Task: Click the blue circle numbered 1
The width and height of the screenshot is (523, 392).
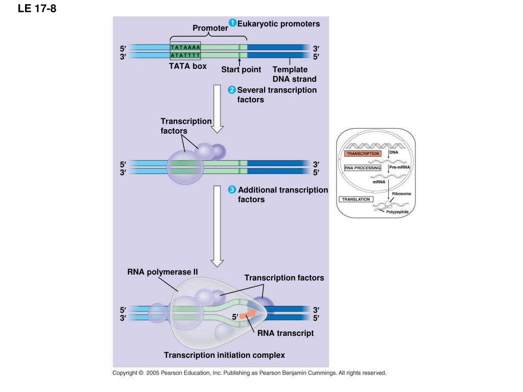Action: (232, 22)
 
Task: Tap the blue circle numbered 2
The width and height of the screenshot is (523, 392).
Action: (232, 90)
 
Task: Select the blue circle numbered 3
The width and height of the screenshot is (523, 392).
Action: (232, 190)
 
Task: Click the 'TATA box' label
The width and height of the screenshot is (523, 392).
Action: (188, 66)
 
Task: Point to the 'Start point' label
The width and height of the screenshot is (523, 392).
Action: (241, 69)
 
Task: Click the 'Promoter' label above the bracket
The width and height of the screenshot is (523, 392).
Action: (210, 28)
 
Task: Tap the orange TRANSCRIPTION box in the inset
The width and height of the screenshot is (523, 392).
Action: (363, 154)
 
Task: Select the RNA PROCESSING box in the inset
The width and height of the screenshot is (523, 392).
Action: (363, 168)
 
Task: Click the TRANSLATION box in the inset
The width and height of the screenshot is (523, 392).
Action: (356, 200)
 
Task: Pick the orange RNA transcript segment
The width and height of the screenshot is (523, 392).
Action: (248, 314)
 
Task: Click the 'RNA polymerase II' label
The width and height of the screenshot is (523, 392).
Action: (162, 272)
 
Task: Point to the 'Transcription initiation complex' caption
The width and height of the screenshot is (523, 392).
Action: (225, 355)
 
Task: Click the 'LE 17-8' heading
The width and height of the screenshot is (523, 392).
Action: (37, 8)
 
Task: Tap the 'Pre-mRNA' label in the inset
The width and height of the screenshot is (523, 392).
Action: (399, 167)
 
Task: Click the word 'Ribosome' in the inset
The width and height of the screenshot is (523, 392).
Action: (401, 193)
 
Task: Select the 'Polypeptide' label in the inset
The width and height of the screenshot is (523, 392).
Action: (397, 212)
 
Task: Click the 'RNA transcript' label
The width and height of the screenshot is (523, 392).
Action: (286, 333)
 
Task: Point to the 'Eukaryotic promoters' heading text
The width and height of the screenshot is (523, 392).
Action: (278, 23)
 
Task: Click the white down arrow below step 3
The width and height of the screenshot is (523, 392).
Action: (217, 226)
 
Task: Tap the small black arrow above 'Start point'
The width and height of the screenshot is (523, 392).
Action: (239, 62)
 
